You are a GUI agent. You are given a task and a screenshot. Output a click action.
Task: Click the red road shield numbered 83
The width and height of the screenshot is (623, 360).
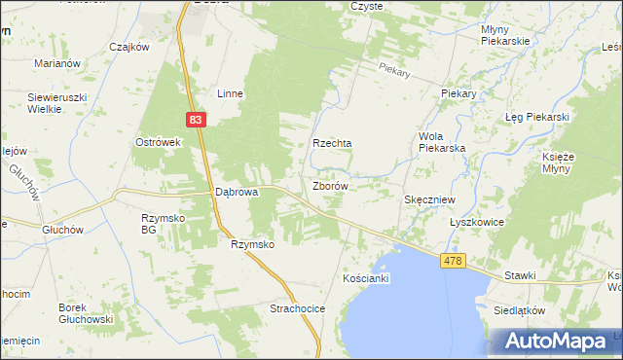[x=196, y=119]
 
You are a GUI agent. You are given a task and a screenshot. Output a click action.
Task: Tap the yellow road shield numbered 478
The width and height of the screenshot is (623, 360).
[x=452, y=261]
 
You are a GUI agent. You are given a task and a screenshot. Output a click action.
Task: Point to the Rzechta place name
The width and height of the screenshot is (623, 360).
[x=331, y=143]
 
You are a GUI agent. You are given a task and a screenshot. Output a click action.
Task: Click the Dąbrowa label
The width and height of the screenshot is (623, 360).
[x=236, y=193]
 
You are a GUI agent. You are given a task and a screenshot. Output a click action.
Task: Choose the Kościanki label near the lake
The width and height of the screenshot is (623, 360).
[x=366, y=279]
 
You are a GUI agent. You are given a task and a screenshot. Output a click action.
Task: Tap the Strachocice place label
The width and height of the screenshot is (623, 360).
[x=297, y=308]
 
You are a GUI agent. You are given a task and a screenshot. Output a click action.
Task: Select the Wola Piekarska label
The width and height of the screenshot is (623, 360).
[x=441, y=142]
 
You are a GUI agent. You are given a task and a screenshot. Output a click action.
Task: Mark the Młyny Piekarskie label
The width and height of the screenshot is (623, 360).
[x=504, y=35]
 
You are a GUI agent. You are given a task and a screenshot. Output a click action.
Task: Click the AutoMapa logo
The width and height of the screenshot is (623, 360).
[x=557, y=342]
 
